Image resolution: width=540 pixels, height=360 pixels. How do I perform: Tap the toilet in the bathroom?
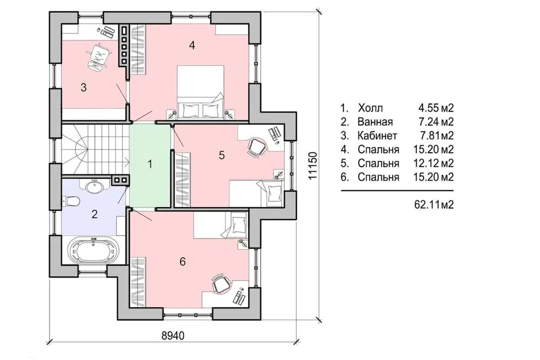tap(71, 200)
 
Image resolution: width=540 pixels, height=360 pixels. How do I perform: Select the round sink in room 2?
tap(94, 187)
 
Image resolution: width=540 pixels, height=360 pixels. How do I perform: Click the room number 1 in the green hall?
tap(150, 164)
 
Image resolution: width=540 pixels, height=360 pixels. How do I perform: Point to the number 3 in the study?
tap(83, 88)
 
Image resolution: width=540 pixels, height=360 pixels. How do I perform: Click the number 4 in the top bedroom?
tap(192, 45)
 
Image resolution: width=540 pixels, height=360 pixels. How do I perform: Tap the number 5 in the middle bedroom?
tap(222, 155)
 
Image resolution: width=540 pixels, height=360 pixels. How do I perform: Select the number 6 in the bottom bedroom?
tap(182, 262)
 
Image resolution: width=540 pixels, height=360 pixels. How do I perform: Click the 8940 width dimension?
tap(173, 335)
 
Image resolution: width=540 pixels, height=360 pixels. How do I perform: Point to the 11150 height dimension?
tap(312, 166)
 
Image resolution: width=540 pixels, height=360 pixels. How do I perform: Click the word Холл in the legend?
tap(370, 108)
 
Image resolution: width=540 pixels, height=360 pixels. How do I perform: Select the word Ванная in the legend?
tap(375, 122)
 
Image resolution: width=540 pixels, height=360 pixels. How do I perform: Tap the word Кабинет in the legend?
tap(377, 136)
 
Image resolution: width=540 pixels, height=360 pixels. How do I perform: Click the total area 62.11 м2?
tap(434, 205)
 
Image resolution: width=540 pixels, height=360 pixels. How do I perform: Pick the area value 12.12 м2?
tap(434, 163)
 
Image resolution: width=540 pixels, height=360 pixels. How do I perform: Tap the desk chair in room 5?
tap(256, 147)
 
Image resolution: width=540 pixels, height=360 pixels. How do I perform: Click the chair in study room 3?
tap(98, 57)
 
